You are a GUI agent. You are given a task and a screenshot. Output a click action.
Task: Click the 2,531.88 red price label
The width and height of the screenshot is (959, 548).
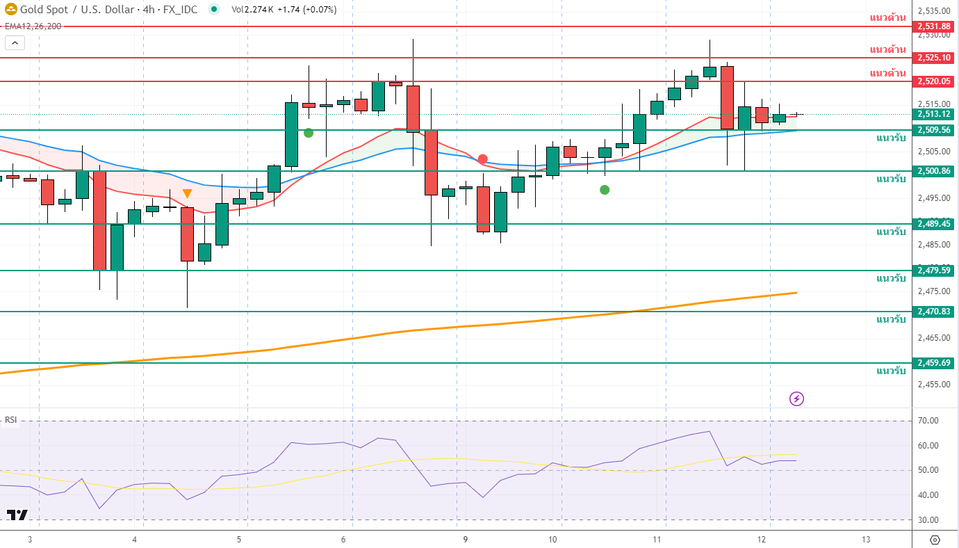(934, 26)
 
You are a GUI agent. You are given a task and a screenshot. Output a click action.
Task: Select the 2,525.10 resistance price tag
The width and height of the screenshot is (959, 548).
(934, 58)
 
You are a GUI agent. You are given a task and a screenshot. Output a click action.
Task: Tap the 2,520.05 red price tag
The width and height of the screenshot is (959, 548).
(934, 81)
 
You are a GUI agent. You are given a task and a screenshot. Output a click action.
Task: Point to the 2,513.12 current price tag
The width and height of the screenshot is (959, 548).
(934, 114)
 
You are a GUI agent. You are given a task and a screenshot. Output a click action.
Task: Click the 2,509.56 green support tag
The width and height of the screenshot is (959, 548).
(934, 130)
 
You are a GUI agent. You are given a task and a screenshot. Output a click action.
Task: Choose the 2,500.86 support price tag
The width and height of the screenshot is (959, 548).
(934, 171)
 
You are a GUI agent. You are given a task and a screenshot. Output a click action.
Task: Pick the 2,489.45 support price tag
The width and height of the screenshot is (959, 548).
(934, 224)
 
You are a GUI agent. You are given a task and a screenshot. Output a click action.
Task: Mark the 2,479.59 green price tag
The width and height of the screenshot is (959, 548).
(934, 271)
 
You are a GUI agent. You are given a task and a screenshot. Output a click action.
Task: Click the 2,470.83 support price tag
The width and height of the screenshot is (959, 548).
(934, 312)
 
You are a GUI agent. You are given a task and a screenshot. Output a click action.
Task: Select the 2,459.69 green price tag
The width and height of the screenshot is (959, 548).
(934, 363)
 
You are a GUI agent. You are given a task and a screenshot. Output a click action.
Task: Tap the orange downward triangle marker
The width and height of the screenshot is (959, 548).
(187, 193)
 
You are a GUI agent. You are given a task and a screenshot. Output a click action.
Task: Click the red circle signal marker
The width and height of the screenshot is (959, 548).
(482, 159)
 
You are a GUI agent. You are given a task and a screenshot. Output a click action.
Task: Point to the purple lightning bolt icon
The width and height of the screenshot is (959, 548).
(797, 398)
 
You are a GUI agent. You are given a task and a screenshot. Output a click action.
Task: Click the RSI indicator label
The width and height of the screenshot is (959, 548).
(11, 420)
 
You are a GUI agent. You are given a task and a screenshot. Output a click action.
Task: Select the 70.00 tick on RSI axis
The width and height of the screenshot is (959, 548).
(928, 421)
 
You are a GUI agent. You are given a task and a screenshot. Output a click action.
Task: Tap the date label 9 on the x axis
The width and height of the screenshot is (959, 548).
(466, 540)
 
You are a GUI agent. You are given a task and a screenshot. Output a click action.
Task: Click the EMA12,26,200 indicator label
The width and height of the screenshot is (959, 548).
(33, 26)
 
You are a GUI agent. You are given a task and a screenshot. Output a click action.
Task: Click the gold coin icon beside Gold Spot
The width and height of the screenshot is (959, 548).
(10, 10)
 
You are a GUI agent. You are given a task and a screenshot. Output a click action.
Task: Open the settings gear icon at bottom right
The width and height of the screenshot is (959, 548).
(934, 540)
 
